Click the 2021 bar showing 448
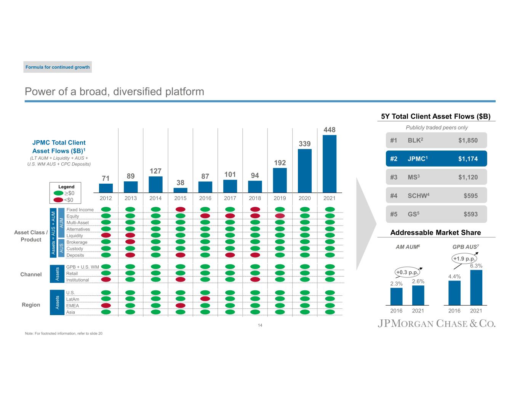pyautogui.click(x=330, y=164)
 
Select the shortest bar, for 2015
pyautogui.click(x=180, y=190)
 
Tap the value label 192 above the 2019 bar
pyautogui.click(x=280, y=163)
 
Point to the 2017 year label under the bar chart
pyautogui.click(x=230, y=198)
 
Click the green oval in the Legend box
pyautogui.click(x=58, y=193)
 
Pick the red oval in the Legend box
pyautogui.click(x=58, y=200)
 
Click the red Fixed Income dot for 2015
pyautogui.click(x=181, y=209)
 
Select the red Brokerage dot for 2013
pyautogui.click(x=130, y=242)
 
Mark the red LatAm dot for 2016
pyautogui.click(x=205, y=298)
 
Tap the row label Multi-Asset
pyautogui.click(x=78, y=223)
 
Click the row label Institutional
pyautogui.click(x=78, y=280)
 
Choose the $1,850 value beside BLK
pyautogui.click(x=468, y=140)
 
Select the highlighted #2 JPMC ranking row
pyautogui.click(x=436, y=159)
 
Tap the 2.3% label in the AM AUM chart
pyautogui.click(x=396, y=283)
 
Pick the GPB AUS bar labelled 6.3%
pyautogui.click(x=476, y=287)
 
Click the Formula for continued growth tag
pyautogui.click(x=58, y=67)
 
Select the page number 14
pyautogui.click(x=260, y=325)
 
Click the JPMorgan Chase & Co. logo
pyautogui.click(x=437, y=324)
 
